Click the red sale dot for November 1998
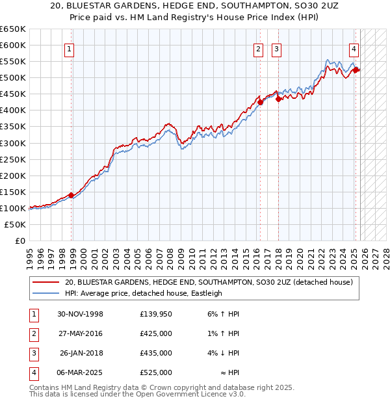[71, 195]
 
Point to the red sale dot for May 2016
[260, 102]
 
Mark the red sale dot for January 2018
[278, 99]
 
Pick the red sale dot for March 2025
[356, 70]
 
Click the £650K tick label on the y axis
[13, 29]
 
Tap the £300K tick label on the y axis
[13, 143]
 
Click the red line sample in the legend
[46, 283]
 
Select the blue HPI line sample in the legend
[46, 294]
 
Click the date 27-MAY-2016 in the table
[81, 334]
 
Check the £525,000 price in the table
[156, 373]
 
